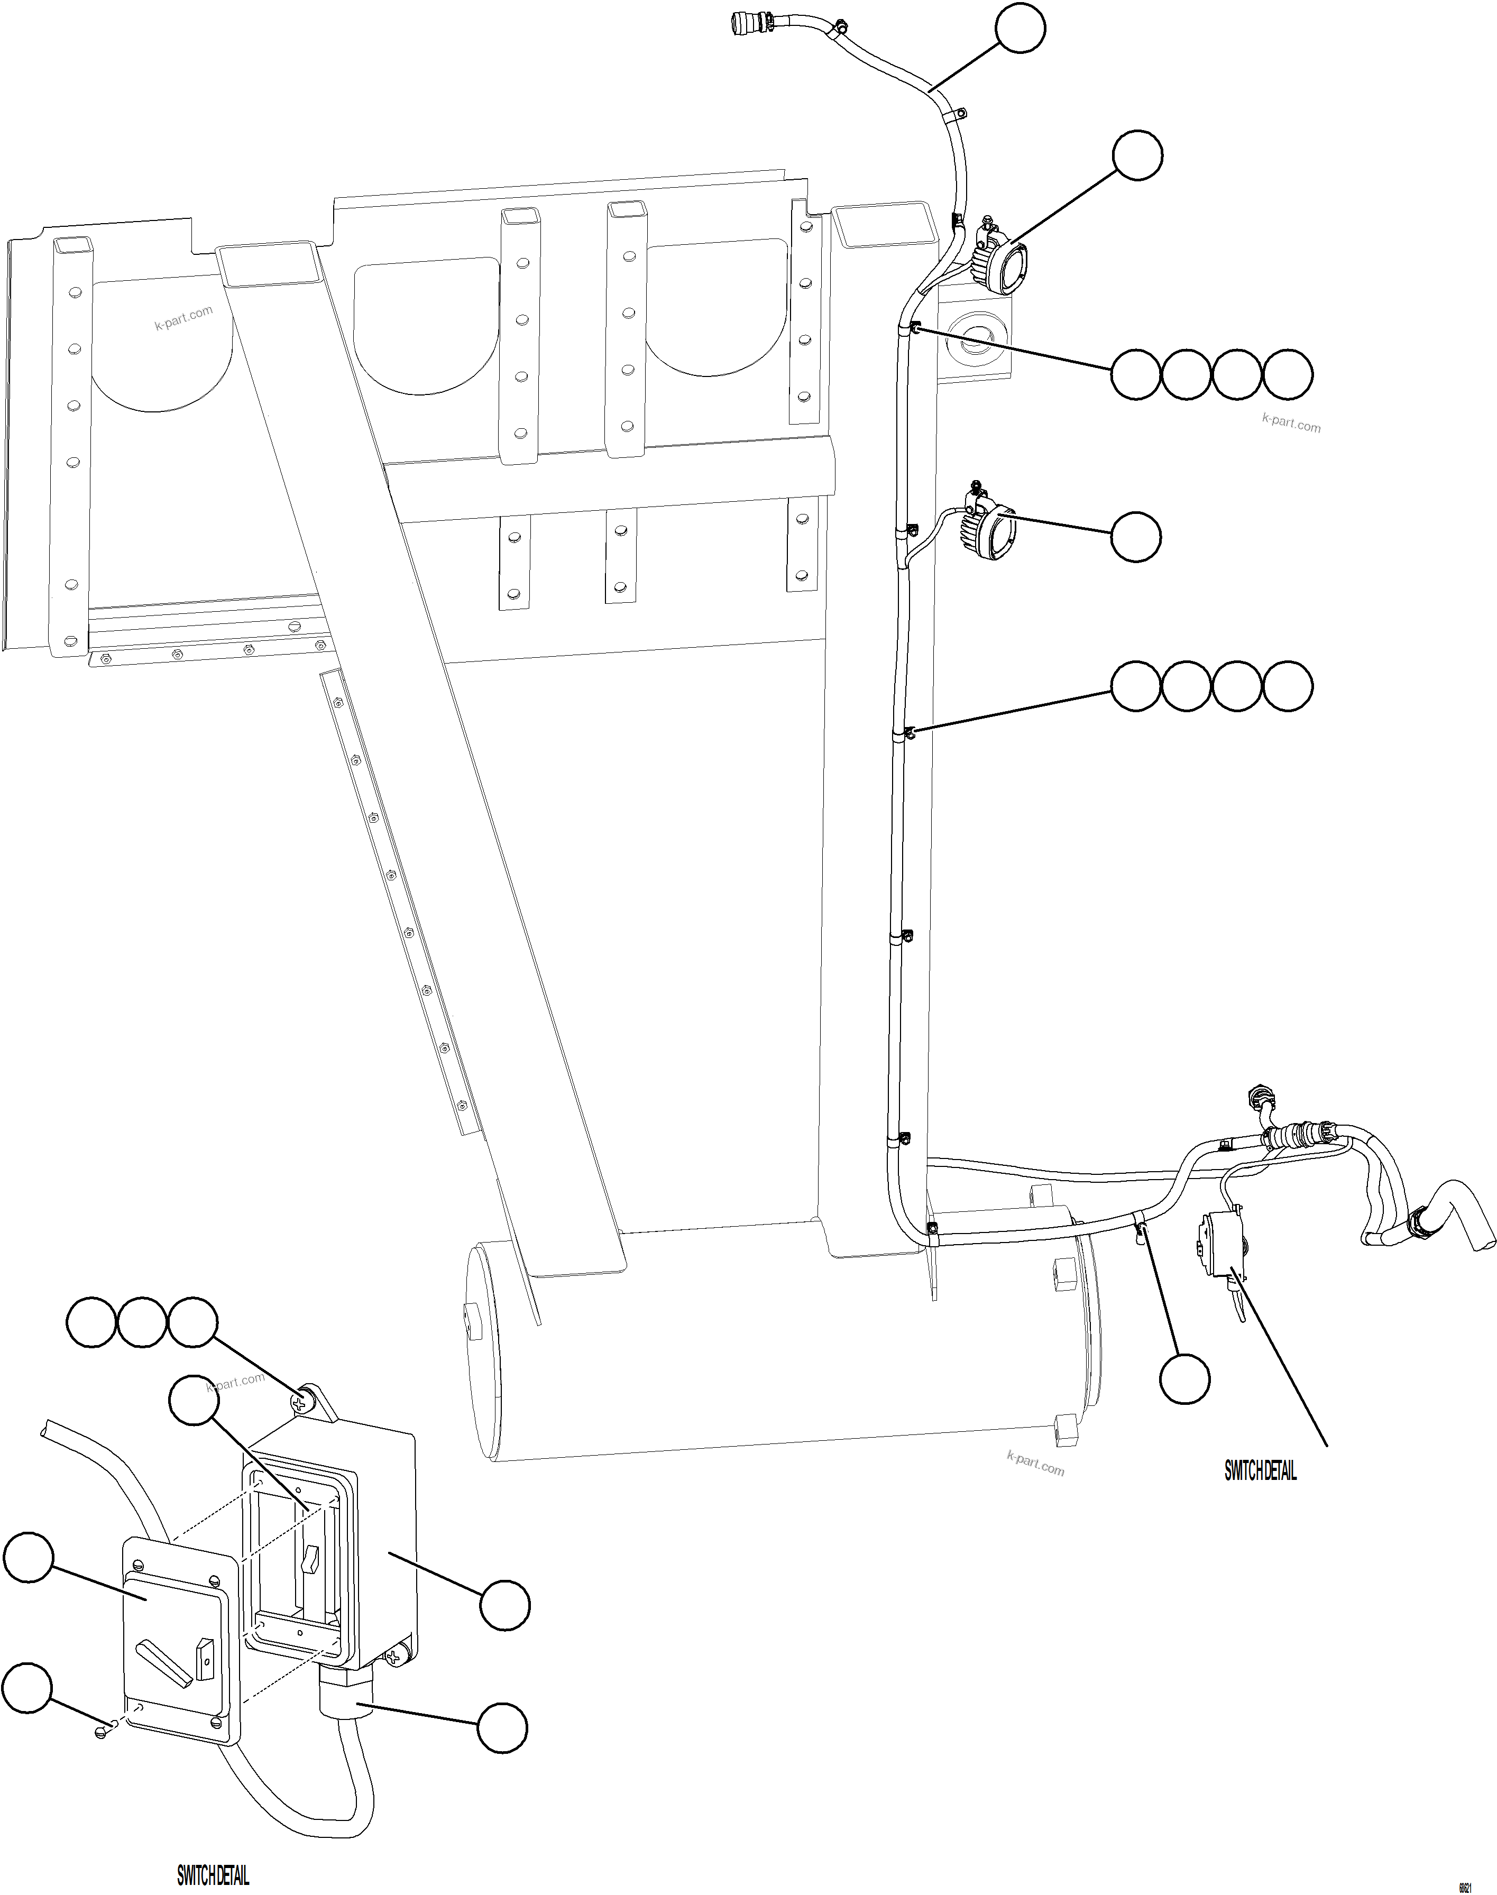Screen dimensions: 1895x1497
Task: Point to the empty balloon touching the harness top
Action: (1020, 29)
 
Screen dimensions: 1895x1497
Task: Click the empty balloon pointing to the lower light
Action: (1136, 537)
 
